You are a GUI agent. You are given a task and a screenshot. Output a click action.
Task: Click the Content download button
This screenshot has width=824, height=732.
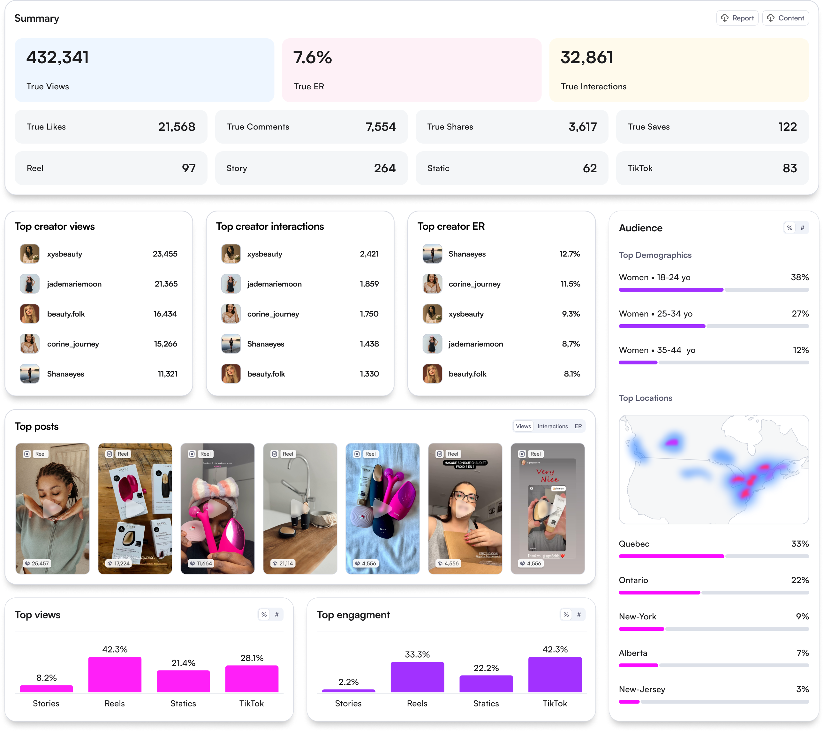click(785, 18)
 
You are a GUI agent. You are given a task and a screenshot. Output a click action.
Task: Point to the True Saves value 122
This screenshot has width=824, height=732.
click(787, 127)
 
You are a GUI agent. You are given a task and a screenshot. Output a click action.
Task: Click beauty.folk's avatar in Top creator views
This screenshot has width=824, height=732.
click(29, 314)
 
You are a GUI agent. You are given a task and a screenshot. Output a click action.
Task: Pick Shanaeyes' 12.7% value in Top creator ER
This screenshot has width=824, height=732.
click(569, 254)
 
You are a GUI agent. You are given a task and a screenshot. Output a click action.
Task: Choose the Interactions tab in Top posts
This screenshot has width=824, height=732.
click(552, 426)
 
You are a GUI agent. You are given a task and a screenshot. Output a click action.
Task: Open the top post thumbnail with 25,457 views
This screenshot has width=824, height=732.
click(52, 508)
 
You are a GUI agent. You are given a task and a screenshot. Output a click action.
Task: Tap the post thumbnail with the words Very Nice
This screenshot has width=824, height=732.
click(547, 508)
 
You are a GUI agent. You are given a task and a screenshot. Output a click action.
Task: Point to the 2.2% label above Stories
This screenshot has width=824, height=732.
click(348, 682)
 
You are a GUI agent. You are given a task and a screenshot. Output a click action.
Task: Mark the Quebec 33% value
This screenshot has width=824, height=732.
click(799, 544)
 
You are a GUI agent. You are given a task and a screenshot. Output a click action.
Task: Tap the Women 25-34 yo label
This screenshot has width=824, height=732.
click(655, 314)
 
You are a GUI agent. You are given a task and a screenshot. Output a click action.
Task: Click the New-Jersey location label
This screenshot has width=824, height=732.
click(642, 689)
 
